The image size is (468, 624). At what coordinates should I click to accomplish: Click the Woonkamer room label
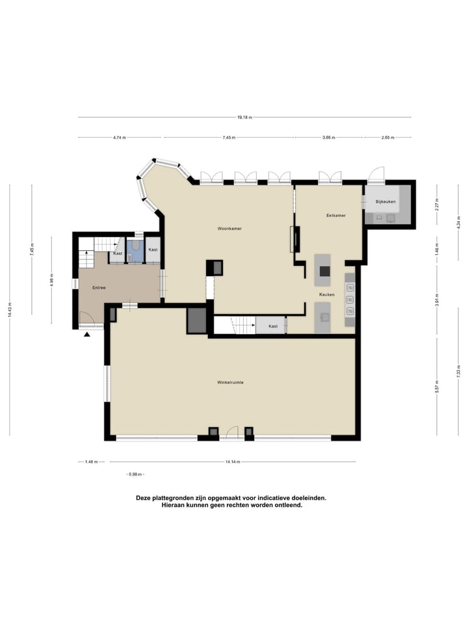[230, 228]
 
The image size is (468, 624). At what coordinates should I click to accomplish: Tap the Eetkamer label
[335, 215]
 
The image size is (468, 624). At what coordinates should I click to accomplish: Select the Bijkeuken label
[385, 202]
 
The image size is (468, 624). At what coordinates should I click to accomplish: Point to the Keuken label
[326, 294]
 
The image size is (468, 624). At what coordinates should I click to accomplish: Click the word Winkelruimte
[230, 383]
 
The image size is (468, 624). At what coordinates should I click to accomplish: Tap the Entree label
[99, 287]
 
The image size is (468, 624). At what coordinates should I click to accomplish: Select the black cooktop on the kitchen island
[324, 272]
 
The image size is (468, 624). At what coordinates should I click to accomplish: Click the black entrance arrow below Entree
[87, 334]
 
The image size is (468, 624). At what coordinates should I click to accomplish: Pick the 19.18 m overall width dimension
[244, 117]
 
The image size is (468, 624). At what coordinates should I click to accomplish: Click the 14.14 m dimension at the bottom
[233, 462]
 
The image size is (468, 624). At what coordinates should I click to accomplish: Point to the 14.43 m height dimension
[10, 311]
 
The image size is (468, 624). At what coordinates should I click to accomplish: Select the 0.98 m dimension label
[135, 474]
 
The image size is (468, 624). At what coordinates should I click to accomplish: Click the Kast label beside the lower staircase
[273, 326]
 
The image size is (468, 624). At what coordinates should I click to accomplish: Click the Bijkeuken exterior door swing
[375, 174]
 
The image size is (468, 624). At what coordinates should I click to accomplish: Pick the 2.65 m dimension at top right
[387, 138]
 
